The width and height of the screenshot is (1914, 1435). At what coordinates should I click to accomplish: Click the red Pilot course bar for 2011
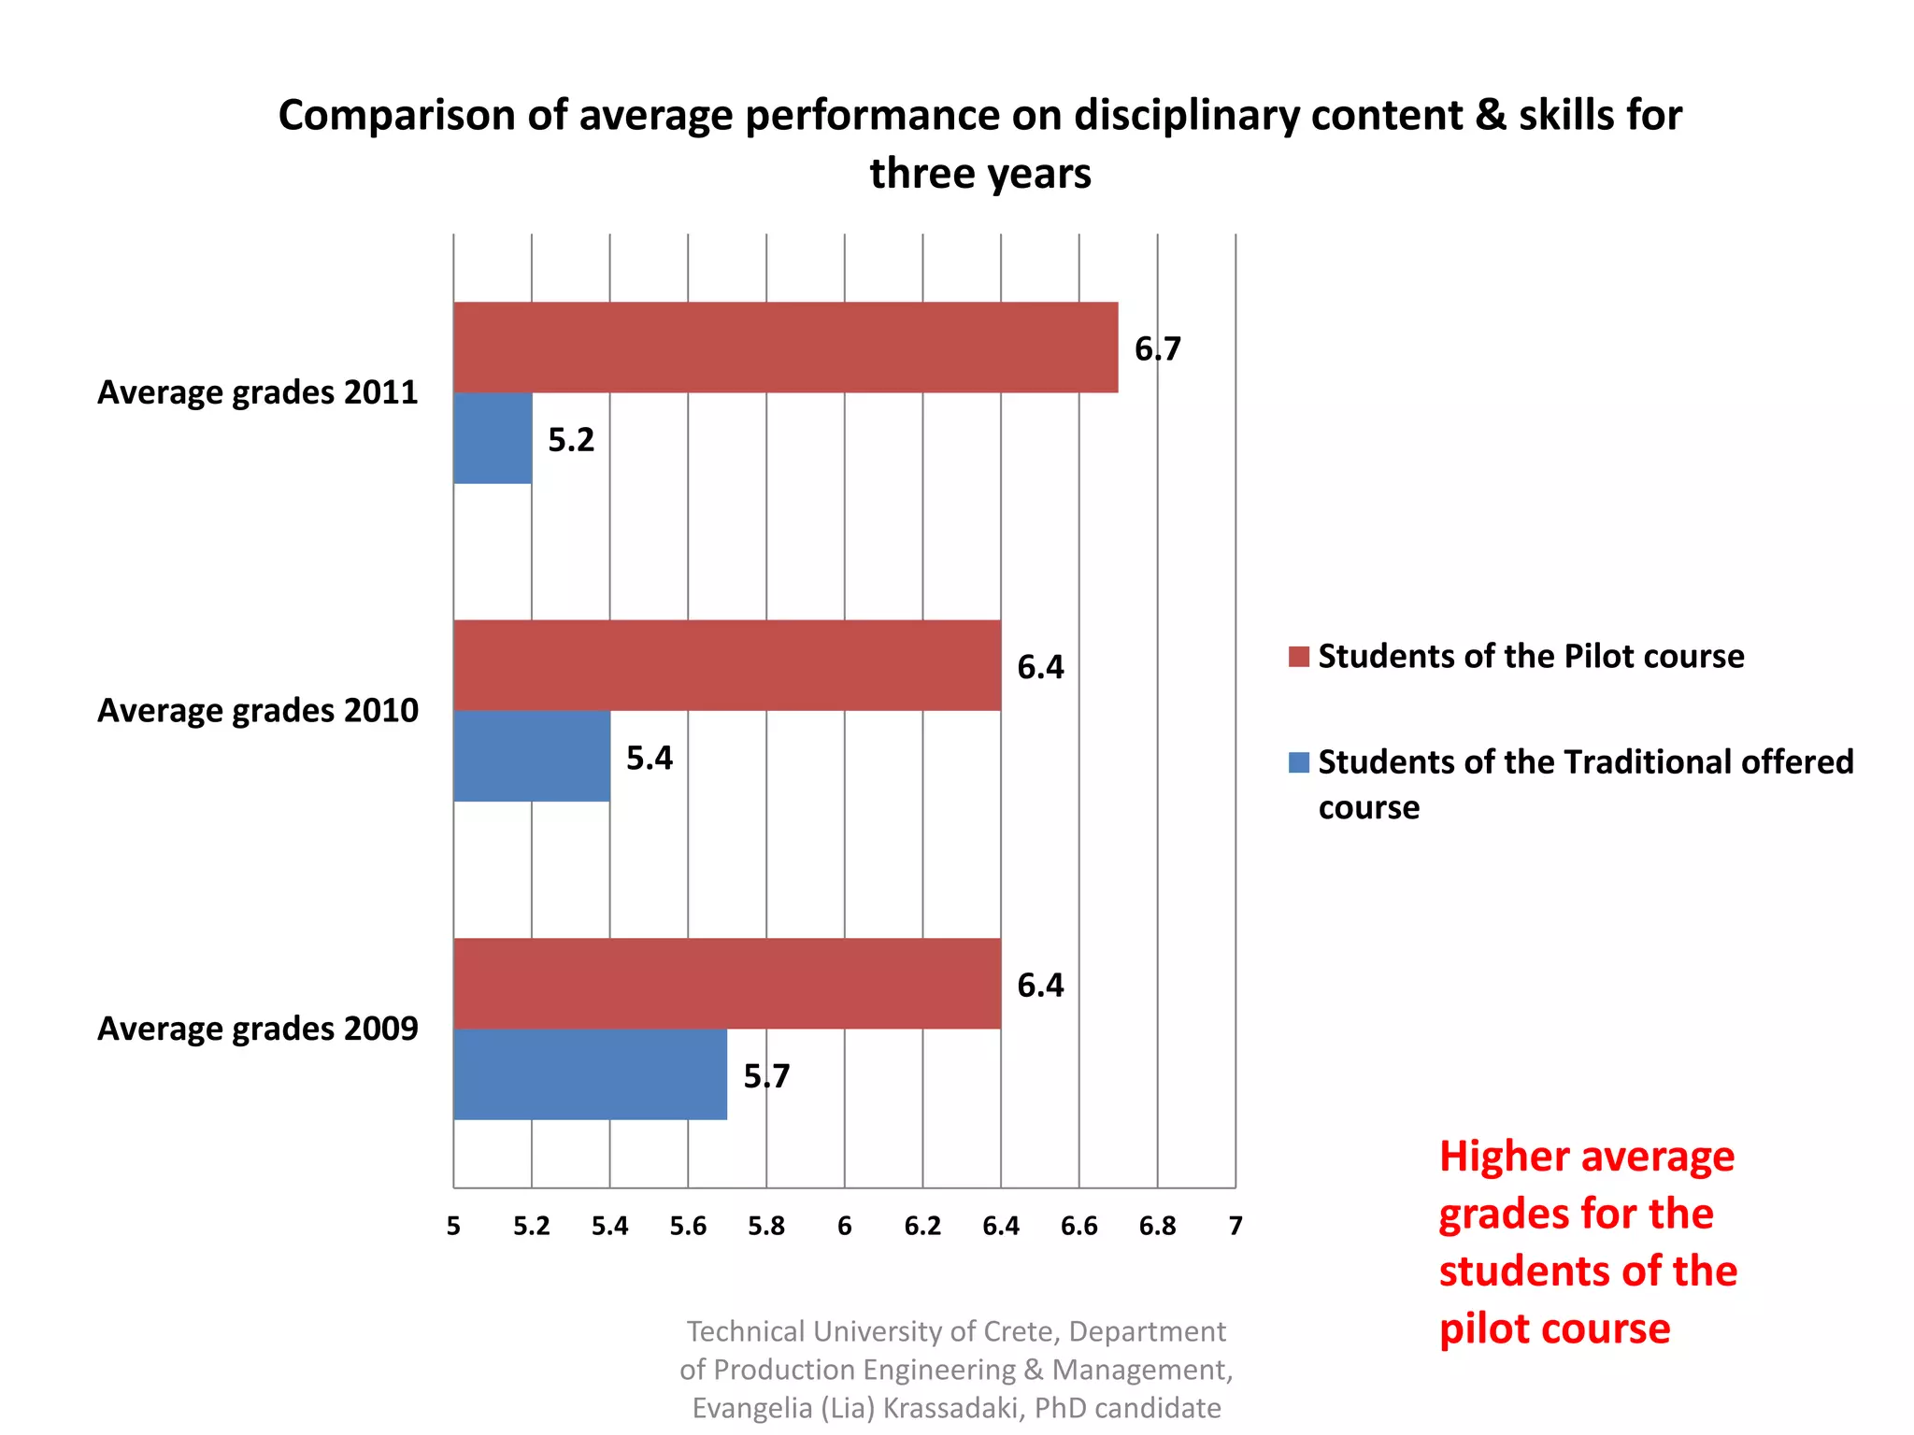click(785, 347)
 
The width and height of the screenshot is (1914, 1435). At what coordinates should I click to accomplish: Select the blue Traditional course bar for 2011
click(493, 438)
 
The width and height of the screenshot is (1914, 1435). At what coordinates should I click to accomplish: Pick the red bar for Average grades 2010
click(727, 665)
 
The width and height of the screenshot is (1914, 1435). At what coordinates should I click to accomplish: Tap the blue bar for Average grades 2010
click(532, 756)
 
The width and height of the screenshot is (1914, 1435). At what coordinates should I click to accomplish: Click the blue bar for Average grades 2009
click(590, 1074)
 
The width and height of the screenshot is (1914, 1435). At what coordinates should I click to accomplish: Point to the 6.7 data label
click(1157, 349)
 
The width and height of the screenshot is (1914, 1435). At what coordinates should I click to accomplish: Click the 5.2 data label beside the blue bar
click(571, 440)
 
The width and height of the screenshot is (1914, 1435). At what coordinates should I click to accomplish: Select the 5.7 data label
click(766, 1076)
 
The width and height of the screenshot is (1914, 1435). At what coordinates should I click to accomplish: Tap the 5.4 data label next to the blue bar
click(650, 758)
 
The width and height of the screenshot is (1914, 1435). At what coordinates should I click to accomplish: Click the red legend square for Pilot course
click(1298, 656)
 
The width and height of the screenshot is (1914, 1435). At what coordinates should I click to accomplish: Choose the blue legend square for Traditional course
click(1298, 762)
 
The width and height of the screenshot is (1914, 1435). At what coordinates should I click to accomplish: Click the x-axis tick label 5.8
click(766, 1226)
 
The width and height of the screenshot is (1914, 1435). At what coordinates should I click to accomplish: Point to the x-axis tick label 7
click(1236, 1226)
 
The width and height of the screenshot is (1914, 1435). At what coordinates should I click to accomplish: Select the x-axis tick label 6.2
click(922, 1226)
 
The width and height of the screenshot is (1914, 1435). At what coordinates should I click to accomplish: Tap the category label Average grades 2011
click(258, 392)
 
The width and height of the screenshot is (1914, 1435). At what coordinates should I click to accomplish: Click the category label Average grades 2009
click(258, 1029)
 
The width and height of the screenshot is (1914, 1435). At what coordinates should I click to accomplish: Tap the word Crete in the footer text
click(1021, 1331)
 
